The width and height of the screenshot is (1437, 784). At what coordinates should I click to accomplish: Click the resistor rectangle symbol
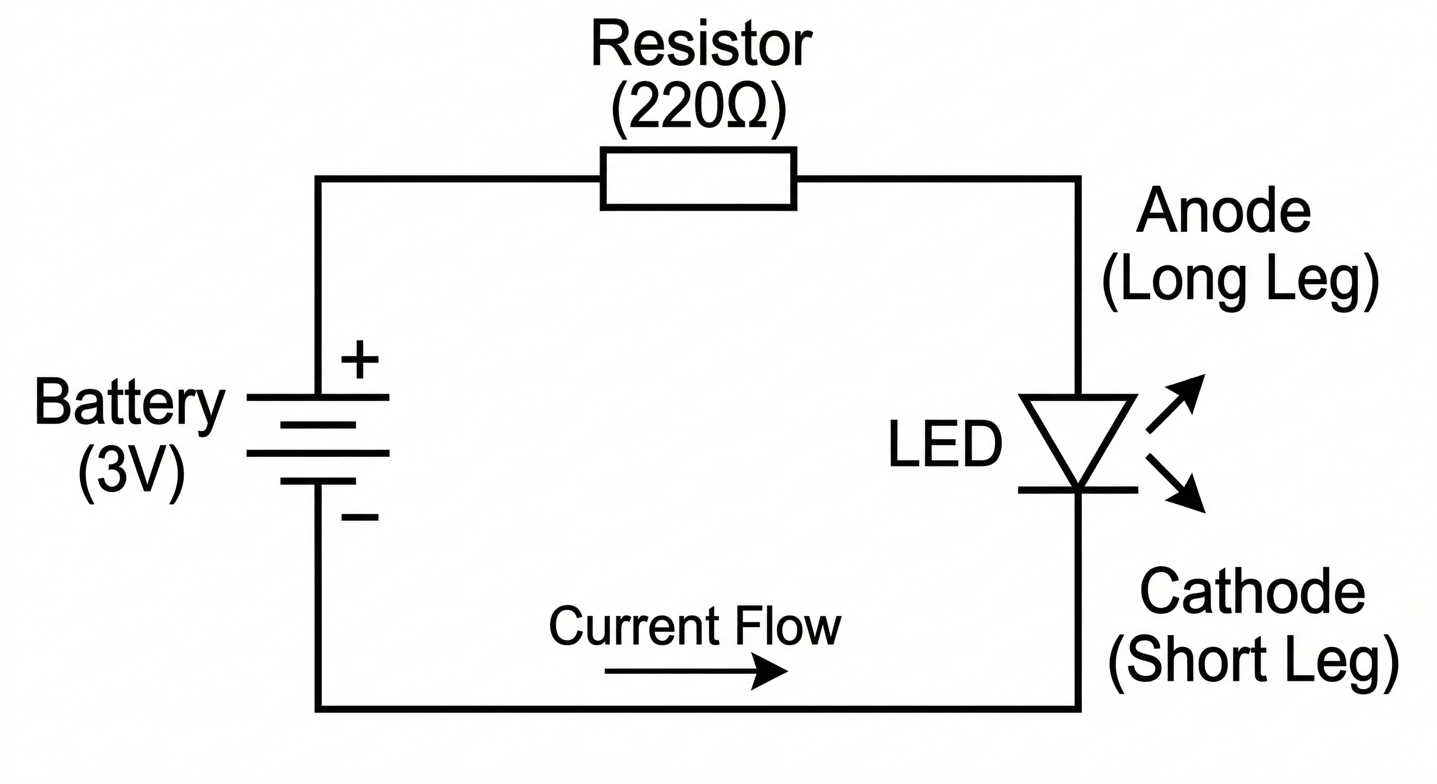(x=699, y=179)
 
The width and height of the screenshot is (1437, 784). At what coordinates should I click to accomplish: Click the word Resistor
(x=701, y=44)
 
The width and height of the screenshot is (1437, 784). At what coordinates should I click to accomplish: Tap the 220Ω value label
(x=700, y=109)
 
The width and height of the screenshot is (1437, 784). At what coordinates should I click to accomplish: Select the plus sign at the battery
(x=360, y=359)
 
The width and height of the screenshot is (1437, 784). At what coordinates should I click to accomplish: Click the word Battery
(x=130, y=403)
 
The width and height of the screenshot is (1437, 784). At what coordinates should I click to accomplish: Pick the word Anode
(x=1223, y=212)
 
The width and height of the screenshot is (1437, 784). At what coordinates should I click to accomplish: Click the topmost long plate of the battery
(x=318, y=397)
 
